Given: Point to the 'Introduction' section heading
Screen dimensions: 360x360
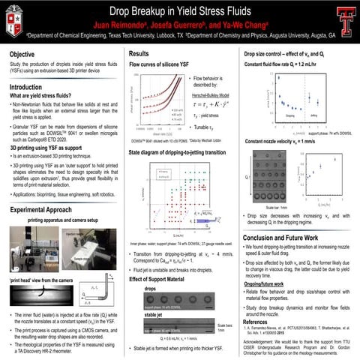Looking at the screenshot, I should click(x=31, y=88).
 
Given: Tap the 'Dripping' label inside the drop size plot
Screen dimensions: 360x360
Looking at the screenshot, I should click(x=285, y=115).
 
